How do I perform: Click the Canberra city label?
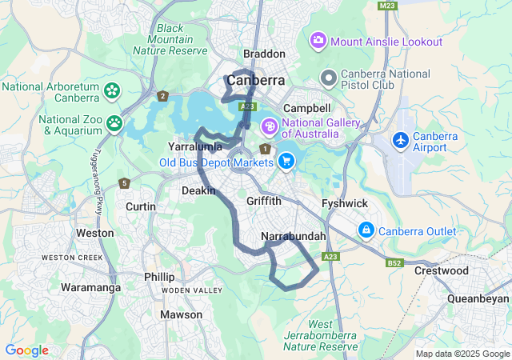pyautogui.click(x=256, y=81)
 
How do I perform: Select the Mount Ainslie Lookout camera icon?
pyautogui.click(x=318, y=40)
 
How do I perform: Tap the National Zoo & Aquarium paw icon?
pyautogui.click(x=115, y=123)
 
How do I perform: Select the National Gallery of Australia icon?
pyautogui.click(x=270, y=126)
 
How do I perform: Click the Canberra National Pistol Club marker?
pyautogui.click(x=328, y=78)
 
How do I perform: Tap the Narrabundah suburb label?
pyautogui.click(x=294, y=236)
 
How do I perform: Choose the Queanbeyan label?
pyautogui.click(x=478, y=298)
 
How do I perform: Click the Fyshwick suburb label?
pyautogui.click(x=344, y=204)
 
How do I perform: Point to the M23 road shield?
pyautogui.click(x=389, y=6)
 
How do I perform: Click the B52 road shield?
pyautogui.click(x=394, y=262)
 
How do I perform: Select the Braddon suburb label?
pyautogui.click(x=264, y=54)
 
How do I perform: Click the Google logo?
pyautogui.click(x=26, y=350)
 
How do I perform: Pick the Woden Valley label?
pyautogui.click(x=192, y=290)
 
